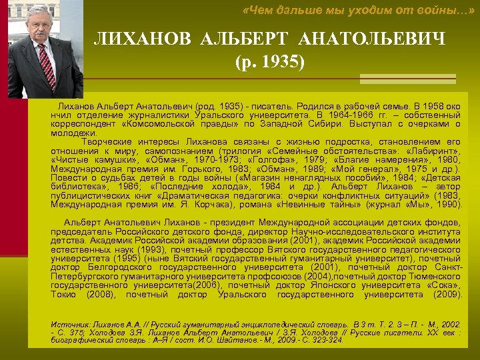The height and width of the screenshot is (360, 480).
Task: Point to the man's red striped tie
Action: [46, 66]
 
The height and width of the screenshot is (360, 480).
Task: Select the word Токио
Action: [63, 294]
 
